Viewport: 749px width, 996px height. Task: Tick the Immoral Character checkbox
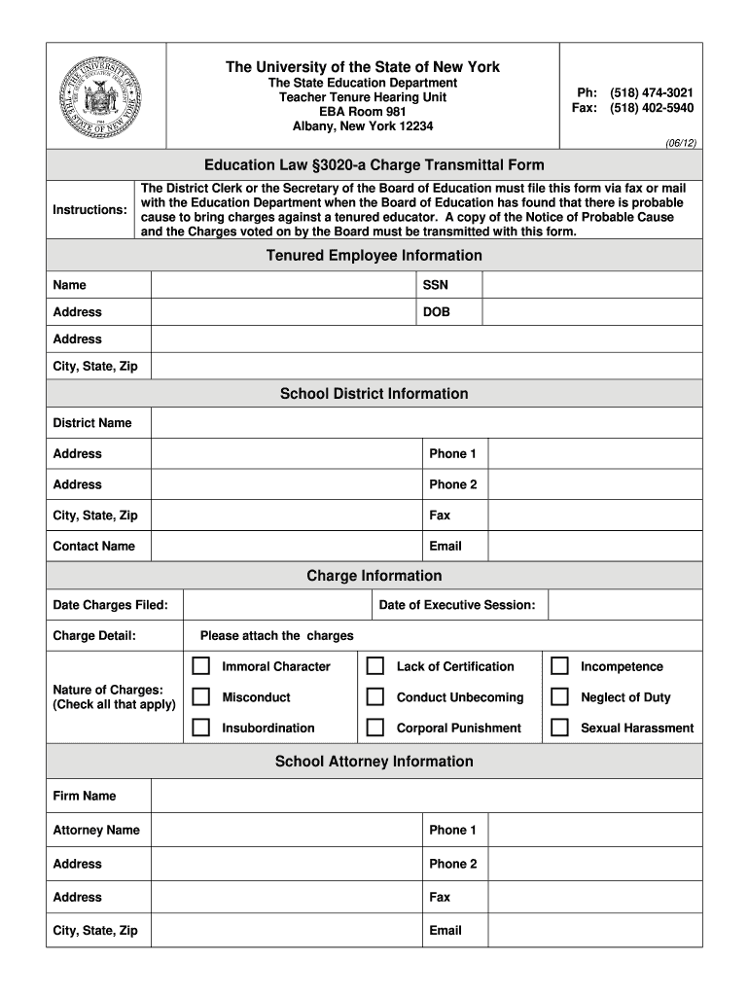coord(201,666)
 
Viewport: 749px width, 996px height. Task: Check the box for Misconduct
coord(201,697)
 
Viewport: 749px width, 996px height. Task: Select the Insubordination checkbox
coord(201,728)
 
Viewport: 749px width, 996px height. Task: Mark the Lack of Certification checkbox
coord(374,666)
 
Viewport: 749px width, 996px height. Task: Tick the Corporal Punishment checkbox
coord(374,728)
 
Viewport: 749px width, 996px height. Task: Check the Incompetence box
coord(559,666)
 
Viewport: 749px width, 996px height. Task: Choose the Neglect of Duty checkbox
coord(559,697)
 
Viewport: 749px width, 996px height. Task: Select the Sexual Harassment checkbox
coord(559,728)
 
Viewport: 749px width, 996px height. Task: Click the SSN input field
coord(591,285)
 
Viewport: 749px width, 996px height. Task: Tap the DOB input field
coord(591,312)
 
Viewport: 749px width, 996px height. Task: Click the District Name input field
coord(426,423)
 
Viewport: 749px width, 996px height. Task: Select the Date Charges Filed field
coord(275,605)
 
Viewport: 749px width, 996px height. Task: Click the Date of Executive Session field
coord(624,605)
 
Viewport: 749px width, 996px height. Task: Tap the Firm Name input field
coord(426,796)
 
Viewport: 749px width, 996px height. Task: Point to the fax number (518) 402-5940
coord(652,108)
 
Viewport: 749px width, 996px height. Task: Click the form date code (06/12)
coord(680,142)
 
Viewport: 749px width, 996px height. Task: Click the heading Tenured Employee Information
coord(374,256)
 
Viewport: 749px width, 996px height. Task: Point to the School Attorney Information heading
coord(374,762)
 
